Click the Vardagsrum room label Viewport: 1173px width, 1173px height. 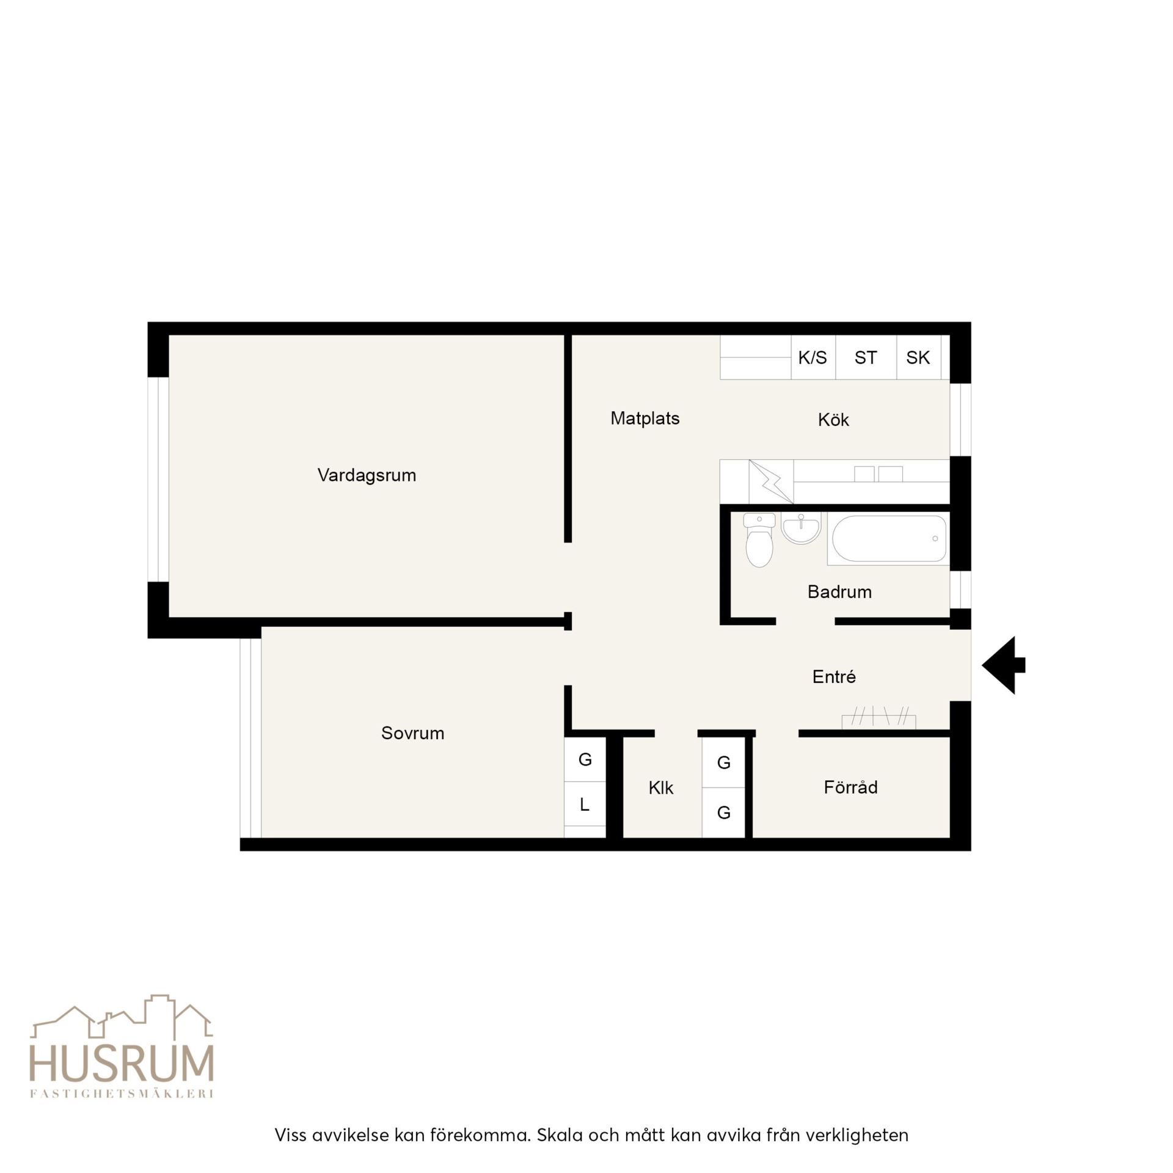pyautogui.click(x=367, y=475)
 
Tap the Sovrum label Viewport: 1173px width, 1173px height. pyautogui.click(x=412, y=733)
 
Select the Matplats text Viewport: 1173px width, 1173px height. pyautogui.click(x=645, y=418)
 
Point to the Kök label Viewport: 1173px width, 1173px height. pyautogui.click(x=833, y=419)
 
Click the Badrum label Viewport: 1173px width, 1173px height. pyautogui.click(x=839, y=591)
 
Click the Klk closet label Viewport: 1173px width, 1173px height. pyautogui.click(x=660, y=787)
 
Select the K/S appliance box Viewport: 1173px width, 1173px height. pyautogui.click(x=813, y=357)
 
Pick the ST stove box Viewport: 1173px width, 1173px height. pyautogui.click(x=866, y=357)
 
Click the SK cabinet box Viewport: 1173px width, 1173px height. pyautogui.click(x=919, y=357)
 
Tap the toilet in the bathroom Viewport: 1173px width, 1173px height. pyautogui.click(x=759, y=539)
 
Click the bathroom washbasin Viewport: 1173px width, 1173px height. pyautogui.click(x=801, y=528)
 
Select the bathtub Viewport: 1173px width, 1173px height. pyautogui.click(x=888, y=539)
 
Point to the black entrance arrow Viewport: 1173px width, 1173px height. pyautogui.click(x=1003, y=665)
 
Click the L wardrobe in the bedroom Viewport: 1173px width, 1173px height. pyautogui.click(x=585, y=804)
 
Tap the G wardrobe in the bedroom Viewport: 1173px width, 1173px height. pyautogui.click(x=585, y=759)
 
